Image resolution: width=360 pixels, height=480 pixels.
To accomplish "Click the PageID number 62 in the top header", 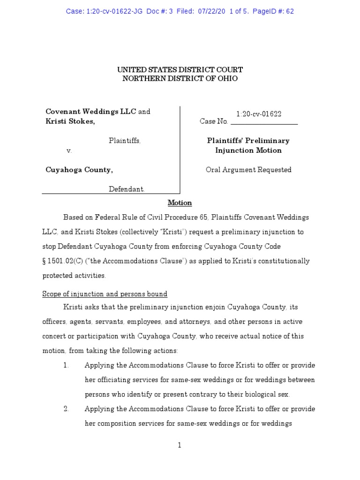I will coord(290,11).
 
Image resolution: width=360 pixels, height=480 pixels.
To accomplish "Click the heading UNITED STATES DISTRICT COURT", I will coord(180,69).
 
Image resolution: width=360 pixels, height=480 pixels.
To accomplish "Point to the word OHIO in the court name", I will coord(227,79).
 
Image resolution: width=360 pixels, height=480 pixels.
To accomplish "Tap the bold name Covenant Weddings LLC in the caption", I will coord(91,112).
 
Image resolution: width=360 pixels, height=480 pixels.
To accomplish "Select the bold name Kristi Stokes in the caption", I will coord(69,121).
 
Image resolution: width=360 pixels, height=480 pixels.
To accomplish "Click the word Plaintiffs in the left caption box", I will coord(124,141).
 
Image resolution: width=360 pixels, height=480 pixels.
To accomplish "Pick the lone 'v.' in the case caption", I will coord(68,151).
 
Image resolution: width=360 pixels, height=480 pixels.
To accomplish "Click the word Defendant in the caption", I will coord(127,189).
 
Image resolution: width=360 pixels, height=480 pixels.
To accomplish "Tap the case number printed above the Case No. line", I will coord(259,114).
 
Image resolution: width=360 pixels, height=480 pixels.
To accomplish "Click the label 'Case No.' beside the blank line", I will coord(214,122).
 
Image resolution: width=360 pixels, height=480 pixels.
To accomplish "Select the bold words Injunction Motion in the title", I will coord(248,150).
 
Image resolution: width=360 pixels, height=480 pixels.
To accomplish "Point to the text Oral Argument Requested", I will coord(248,170).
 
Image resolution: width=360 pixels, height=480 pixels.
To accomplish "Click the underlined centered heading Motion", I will coord(180,202).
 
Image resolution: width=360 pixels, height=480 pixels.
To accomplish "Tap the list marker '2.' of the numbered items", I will coord(67,409).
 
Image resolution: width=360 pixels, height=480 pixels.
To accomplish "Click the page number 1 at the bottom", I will coord(180,446).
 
